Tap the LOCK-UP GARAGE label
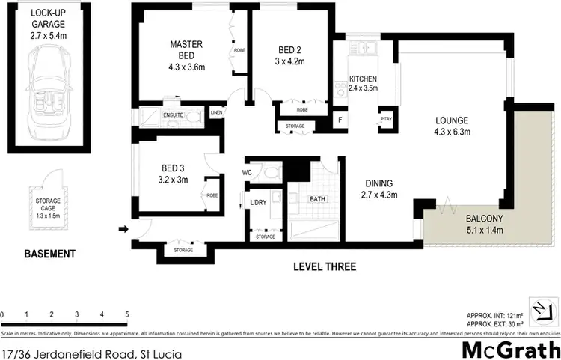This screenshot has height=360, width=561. click(48, 24)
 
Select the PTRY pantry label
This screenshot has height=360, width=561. click(386, 119)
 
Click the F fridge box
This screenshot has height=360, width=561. click(340, 120)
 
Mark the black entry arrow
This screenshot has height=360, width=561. click(123, 230)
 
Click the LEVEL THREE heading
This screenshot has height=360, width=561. click(325, 267)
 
